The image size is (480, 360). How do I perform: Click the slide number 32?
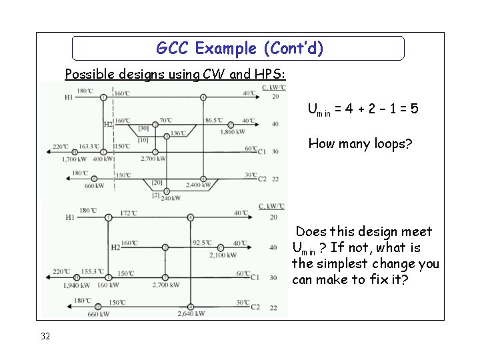pos(45,336)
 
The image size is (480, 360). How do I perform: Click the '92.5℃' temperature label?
pos(202,243)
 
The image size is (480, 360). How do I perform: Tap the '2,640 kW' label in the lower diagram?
pos(191,313)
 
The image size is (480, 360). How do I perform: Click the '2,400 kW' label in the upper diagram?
pos(198,185)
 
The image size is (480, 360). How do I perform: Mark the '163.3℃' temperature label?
pos(89,146)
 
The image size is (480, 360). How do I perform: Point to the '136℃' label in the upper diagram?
pos(177,133)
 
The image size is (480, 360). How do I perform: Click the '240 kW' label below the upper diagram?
pos(171,197)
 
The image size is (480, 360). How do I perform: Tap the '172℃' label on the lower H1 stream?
pos(129,213)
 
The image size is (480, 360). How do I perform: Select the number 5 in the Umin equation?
pos(415,108)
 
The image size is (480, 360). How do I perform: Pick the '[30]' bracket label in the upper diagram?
pos(143,128)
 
